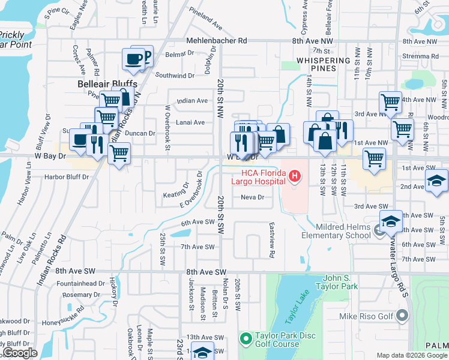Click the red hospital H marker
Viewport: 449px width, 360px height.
295,176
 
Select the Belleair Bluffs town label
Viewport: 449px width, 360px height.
107,84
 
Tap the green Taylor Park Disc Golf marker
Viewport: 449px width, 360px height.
246,340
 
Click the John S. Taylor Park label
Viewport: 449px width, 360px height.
340,282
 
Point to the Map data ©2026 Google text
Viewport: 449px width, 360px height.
411,355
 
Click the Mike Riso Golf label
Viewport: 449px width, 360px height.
373,316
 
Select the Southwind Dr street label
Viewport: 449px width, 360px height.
175,76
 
